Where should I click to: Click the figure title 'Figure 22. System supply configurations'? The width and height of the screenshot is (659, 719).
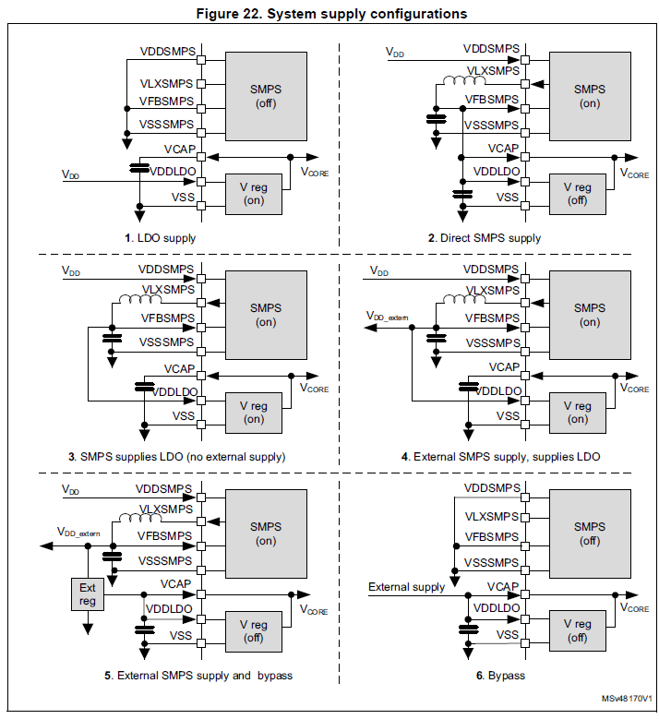click(329, 14)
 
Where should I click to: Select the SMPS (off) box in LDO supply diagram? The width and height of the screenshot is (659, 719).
click(266, 95)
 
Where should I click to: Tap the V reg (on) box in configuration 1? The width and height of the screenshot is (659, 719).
click(255, 193)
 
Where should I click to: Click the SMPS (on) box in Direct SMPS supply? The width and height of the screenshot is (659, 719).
click(589, 95)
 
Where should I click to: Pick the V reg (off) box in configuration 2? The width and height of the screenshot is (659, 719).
click(577, 193)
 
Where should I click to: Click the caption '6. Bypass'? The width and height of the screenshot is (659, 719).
click(500, 676)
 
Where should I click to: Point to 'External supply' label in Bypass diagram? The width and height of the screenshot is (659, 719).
click(406, 587)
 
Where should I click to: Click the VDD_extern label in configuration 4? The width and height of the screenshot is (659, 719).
click(388, 317)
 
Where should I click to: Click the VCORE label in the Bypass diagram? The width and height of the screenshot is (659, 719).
click(634, 608)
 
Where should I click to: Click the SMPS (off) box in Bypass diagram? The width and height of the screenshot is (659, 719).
click(589, 533)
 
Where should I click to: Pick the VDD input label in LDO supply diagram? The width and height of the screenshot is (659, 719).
click(70, 174)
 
